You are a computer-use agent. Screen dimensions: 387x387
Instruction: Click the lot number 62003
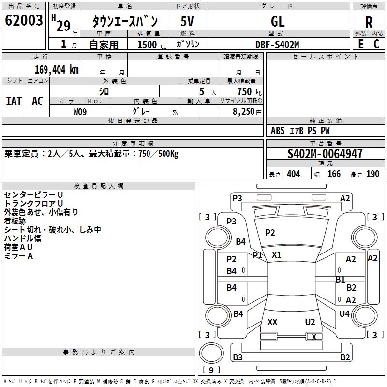click(x=24, y=20)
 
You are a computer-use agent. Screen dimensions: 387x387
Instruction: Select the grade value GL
click(x=278, y=21)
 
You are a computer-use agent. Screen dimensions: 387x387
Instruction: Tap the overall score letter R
click(x=369, y=22)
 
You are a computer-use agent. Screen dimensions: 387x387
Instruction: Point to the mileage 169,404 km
click(x=57, y=70)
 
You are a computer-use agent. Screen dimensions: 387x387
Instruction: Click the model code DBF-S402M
click(x=277, y=45)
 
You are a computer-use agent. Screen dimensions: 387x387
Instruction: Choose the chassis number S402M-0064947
click(x=325, y=154)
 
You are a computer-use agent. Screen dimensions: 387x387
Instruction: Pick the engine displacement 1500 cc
click(x=152, y=45)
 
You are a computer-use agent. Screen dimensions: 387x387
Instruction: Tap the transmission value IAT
click(x=14, y=101)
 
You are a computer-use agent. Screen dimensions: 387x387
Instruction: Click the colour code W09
click(x=80, y=112)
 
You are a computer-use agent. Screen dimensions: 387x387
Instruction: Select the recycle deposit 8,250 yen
click(x=247, y=112)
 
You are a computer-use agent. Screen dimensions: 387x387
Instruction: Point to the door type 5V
click(x=187, y=21)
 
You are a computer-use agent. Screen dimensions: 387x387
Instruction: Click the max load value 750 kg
click(x=250, y=91)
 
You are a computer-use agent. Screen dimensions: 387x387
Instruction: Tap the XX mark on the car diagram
click(x=272, y=322)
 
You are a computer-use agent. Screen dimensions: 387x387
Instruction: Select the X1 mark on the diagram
click(x=276, y=254)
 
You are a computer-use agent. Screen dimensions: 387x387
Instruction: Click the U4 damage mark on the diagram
click(x=344, y=313)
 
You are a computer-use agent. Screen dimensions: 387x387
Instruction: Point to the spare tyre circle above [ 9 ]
click(x=211, y=353)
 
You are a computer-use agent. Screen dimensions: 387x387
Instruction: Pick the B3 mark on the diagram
click(x=238, y=357)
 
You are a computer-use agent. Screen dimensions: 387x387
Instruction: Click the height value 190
click(x=372, y=174)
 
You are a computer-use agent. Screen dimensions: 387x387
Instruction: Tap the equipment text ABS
click(x=278, y=131)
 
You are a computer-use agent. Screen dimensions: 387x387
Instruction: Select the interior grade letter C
click(x=377, y=44)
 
